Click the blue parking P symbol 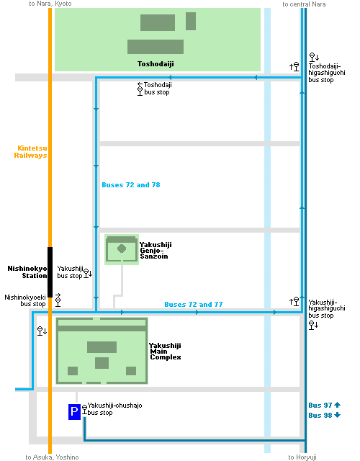pos(74,411)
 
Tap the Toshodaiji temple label pos(156,64)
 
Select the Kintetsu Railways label pos(30,152)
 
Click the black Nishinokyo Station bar pos(50,272)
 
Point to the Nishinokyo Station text pos(27,272)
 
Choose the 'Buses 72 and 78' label pos(131,185)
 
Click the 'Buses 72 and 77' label pos(194,304)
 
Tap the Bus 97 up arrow pos(337,405)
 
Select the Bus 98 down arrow pos(337,415)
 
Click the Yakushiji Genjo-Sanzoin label pos(156,251)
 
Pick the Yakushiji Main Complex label pos(165,352)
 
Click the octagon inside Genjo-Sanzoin pos(122,249)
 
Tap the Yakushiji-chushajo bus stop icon pos(85,410)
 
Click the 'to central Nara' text pos(304,4)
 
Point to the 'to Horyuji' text pos(302,457)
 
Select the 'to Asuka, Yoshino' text pos(52,457)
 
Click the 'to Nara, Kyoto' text pos(50,4)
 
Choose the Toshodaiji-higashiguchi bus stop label pos(326,73)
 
